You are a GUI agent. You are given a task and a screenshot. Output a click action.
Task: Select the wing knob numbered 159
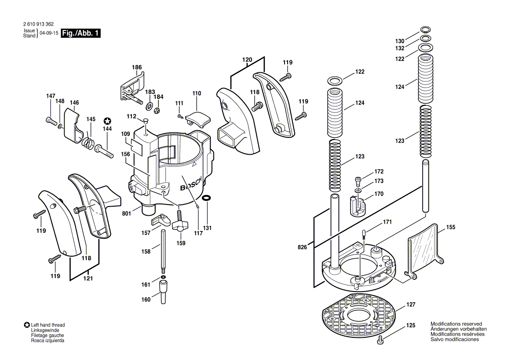(x=180, y=226)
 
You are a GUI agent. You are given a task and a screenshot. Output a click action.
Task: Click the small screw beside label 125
(x=380, y=339)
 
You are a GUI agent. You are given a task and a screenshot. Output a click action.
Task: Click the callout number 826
(x=302, y=247)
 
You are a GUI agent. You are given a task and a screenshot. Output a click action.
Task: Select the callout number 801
(x=126, y=214)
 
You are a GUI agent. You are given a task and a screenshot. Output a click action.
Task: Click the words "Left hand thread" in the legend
(x=48, y=325)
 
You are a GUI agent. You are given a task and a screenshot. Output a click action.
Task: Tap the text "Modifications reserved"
(x=456, y=324)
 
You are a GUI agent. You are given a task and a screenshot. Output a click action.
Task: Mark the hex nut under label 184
(x=159, y=110)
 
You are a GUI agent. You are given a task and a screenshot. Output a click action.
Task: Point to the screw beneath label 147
(x=51, y=120)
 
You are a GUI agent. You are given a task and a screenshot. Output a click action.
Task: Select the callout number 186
(x=137, y=68)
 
